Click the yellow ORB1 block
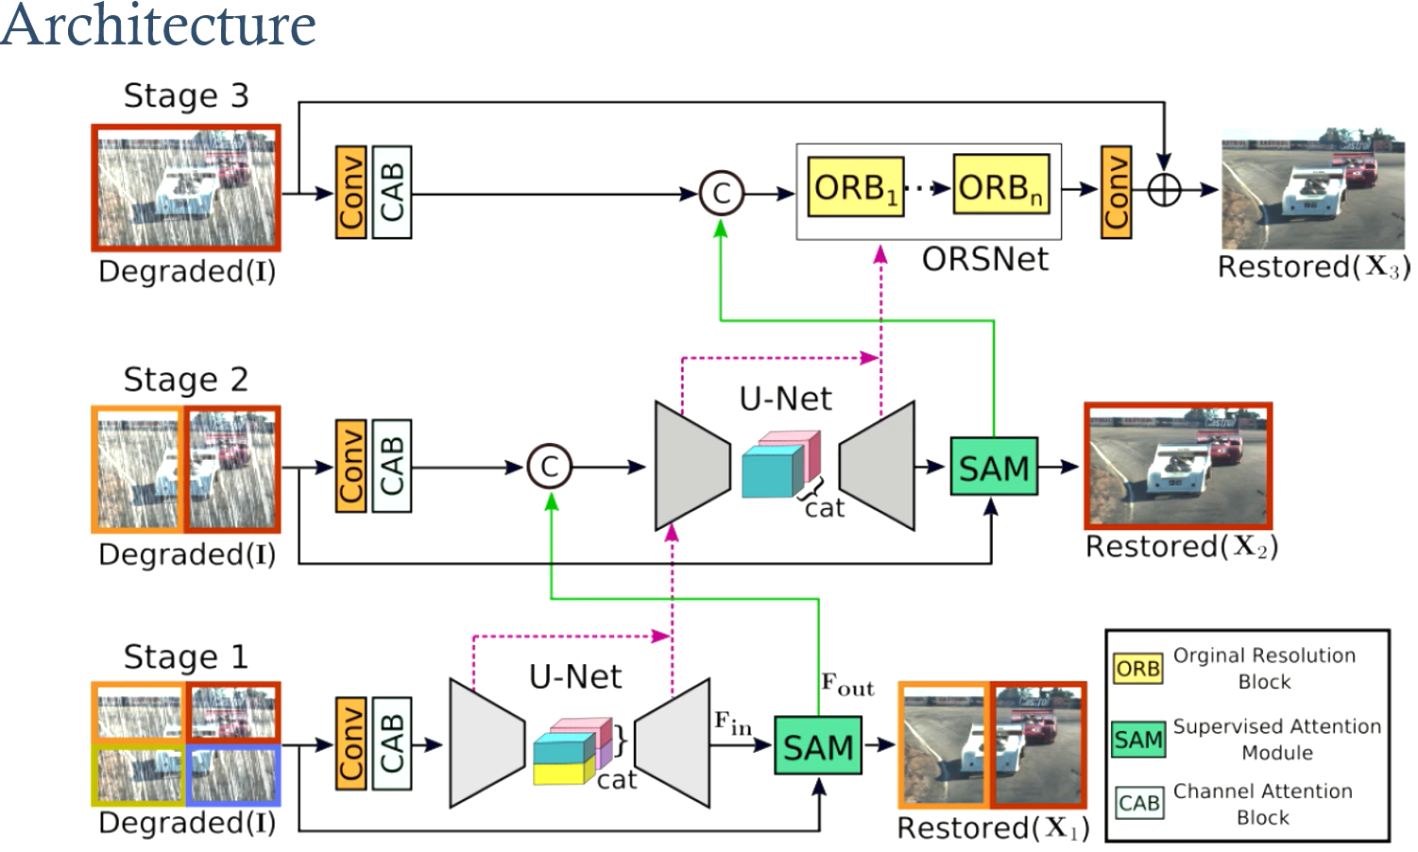[x=855, y=187]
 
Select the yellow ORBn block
[x=1000, y=187]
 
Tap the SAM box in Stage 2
[x=993, y=467]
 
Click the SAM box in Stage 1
[x=817, y=746]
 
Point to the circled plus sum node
[x=1164, y=190]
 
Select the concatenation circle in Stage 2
[x=550, y=467]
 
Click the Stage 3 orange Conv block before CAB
[x=350, y=192]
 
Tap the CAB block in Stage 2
[x=391, y=466]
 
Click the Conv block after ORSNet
[x=1116, y=192]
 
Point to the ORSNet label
[x=984, y=260]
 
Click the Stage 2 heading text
[x=186, y=380]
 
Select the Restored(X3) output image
[x=1312, y=189]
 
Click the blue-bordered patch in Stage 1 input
[x=232, y=775]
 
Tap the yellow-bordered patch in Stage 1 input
[x=138, y=775]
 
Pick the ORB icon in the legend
[x=1137, y=669]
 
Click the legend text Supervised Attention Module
[x=1276, y=739]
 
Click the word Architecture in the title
[x=158, y=25]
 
